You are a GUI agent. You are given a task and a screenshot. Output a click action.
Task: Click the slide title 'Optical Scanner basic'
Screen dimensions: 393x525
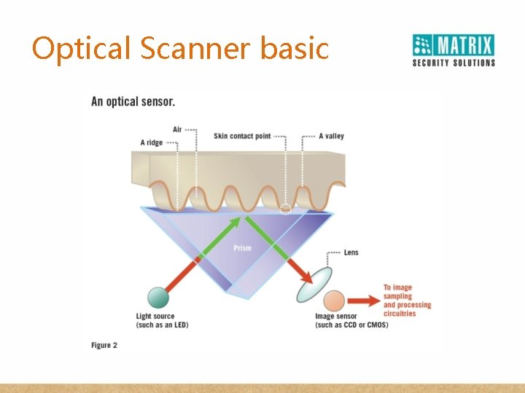click(180, 49)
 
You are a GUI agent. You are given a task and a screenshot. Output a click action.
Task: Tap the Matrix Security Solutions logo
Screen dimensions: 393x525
click(453, 49)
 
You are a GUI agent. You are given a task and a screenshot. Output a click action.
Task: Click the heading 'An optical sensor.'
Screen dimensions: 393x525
click(133, 102)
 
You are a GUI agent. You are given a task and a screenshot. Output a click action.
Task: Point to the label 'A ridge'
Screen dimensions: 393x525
click(152, 143)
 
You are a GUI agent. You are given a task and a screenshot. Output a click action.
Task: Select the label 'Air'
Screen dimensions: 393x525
click(177, 130)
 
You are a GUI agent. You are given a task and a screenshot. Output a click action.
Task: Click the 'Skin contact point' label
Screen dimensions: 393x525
click(242, 136)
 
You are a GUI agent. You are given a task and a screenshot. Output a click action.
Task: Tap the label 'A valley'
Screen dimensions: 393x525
click(331, 136)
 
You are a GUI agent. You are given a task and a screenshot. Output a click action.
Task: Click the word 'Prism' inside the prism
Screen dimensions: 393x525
click(242, 248)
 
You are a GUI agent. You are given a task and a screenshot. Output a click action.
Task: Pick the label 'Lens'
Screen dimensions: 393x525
click(351, 253)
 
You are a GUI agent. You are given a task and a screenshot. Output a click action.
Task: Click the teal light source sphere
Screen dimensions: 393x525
click(157, 298)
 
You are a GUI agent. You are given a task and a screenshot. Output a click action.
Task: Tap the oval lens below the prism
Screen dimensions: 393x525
click(313, 285)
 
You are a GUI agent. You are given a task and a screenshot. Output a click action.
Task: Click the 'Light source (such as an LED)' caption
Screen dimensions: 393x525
click(162, 320)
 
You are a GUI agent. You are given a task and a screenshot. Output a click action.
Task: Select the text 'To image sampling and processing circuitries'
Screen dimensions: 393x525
click(407, 301)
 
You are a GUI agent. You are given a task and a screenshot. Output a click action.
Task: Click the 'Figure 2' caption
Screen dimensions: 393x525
click(104, 345)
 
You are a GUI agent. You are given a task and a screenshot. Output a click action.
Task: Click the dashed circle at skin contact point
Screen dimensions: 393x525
click(285, 208)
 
